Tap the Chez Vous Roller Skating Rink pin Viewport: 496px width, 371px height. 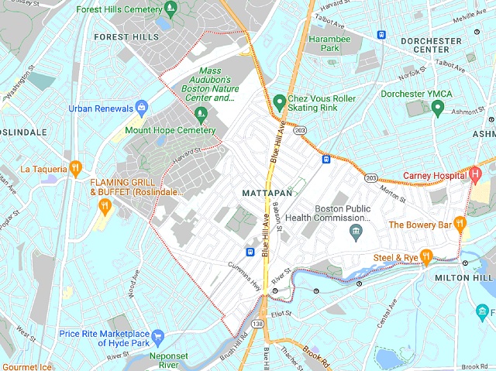(x=280, y=101)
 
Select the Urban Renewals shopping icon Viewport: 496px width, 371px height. (x=142, y=107)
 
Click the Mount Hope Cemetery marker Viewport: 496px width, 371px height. (x=202, y=115)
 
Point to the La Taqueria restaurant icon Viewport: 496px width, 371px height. (x=75, y=167)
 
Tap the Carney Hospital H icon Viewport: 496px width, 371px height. (x=476, y=174)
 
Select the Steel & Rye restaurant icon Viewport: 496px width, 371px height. (x=425, y=258)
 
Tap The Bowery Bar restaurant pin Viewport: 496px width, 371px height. (x=460, y=225)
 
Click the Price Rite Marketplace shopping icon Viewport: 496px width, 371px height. (x=158, y=336)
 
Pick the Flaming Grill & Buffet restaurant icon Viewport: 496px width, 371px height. (x=105, y=206)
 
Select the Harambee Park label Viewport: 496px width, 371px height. (x=325, y=42)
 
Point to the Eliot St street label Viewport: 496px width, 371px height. (x=281, y=314)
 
